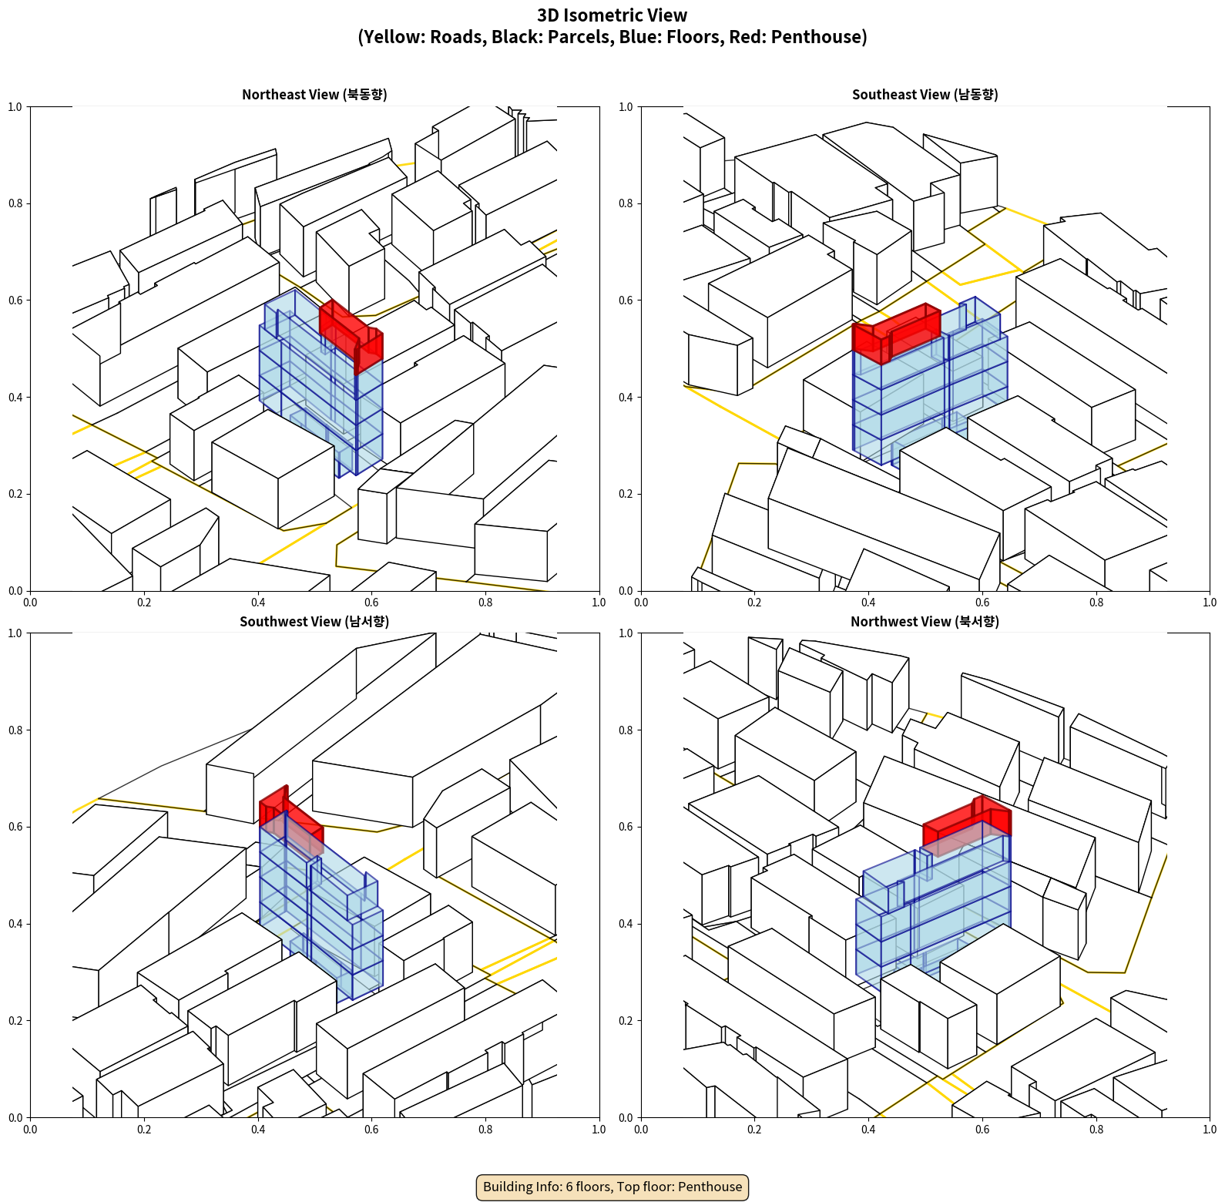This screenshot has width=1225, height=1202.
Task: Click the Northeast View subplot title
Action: point(314,94)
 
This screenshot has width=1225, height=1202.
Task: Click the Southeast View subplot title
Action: point(925,94)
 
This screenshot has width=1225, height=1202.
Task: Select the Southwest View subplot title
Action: point(314,621)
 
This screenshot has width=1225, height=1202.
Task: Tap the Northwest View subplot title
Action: point(925,621)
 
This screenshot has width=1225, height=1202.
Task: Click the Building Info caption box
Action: point(612,1187)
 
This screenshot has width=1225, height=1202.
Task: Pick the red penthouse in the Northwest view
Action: point(967,825)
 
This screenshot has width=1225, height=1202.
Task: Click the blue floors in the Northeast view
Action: point(321,385)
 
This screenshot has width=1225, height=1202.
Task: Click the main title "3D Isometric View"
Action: point(612,15)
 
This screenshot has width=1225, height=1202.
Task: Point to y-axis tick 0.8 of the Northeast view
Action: point(15,203)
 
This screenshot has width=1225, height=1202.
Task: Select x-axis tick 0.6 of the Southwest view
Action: point(371,1130)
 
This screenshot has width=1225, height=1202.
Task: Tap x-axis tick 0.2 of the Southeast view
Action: point(754,603)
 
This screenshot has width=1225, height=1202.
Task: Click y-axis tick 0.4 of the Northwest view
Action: point(626,924)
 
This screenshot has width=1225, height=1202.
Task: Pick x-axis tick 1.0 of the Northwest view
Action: point(1210,1130)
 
